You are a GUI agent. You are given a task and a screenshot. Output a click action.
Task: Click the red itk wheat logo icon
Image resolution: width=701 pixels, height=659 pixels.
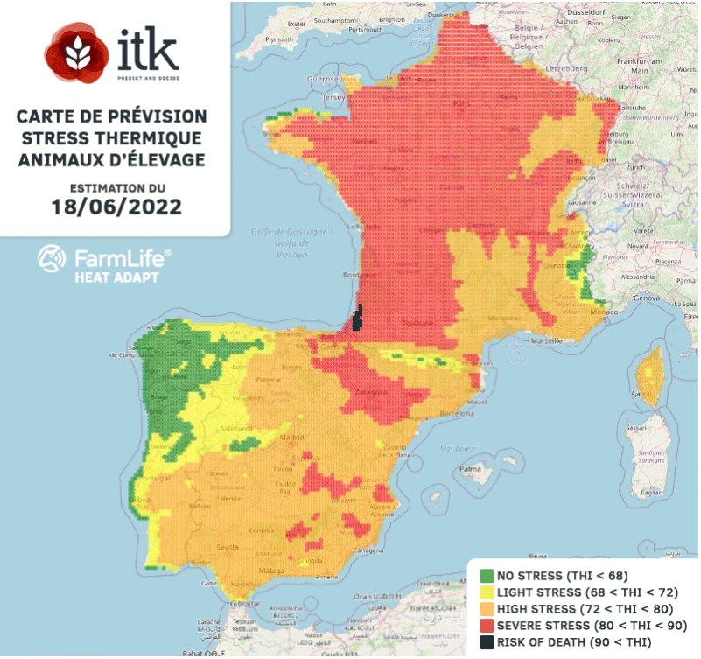pyautogui.click(x=77, y=52)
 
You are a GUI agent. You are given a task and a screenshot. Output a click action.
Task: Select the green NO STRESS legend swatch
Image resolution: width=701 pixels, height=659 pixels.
pyautogui.click(x=487, y=576)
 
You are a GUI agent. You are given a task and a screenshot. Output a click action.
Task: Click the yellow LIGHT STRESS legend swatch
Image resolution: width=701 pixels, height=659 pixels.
pyautogui.click(x=487, y=592)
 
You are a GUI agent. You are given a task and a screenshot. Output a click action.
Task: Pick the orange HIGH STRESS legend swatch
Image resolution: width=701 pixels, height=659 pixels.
pyautogui.click(x=487, y=609)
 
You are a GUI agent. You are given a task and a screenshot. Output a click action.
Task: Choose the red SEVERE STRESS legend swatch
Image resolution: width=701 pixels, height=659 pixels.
pyautogui.click(x=487, y=627)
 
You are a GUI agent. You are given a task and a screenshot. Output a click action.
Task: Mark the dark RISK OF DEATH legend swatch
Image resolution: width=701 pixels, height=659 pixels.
pyautogui.click(x=487, y=643)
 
